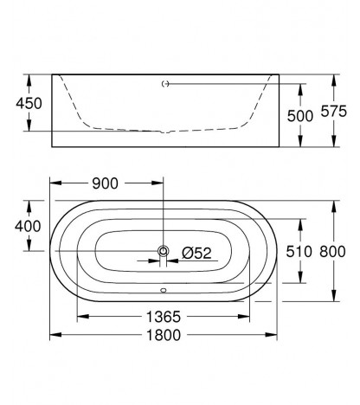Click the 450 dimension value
(29, 103)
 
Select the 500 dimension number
(300, 116)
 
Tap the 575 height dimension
(334, 112)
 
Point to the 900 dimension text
(105, 183)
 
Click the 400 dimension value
(28, 226)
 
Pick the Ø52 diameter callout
(196, 254)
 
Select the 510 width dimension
(299, 252)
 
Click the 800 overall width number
(332, 252)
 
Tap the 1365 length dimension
(164, 317)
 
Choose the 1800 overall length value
(164, 335)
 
